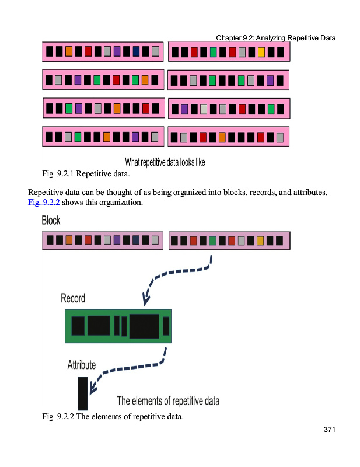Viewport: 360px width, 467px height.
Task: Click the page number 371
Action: click(x=329, y=430)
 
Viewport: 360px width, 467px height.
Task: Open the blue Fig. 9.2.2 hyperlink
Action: click(x=44, y=202)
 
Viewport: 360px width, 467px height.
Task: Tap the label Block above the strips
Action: click(x=51, y=221)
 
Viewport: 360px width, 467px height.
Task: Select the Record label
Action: click(x=73, y=298)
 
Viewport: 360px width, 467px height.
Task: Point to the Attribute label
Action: click(x=82, y=365)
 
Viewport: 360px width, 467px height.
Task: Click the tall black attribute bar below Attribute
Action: click(x=83, y=393)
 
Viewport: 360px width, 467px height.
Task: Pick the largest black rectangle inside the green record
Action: click(x=144, y=326)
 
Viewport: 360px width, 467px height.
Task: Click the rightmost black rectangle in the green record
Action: click(x=166, y=326)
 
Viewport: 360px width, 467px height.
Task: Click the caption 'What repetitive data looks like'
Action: click(x=165, y=162)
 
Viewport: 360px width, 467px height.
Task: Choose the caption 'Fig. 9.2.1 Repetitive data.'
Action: click(x=86, y=173)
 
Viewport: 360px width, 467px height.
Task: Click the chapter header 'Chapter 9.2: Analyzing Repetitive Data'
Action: click(x=276, y=38)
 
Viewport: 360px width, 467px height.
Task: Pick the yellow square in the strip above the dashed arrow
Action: click(x=260, y=241)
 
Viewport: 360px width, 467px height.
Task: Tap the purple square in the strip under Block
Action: click(x=117, y=240)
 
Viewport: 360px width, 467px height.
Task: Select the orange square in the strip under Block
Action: click(x=69, y=240)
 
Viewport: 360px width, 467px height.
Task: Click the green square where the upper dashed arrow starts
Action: click(x=212, y=241)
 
